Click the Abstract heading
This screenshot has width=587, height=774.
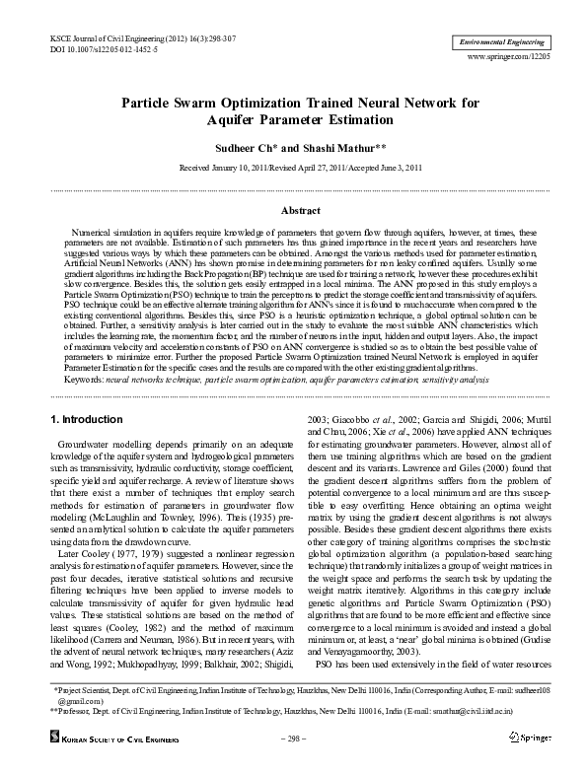click(301, 211)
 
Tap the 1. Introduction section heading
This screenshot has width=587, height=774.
click(87, 421)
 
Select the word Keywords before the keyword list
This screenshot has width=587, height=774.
click(57, 380)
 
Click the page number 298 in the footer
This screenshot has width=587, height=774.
click(294, 737)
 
